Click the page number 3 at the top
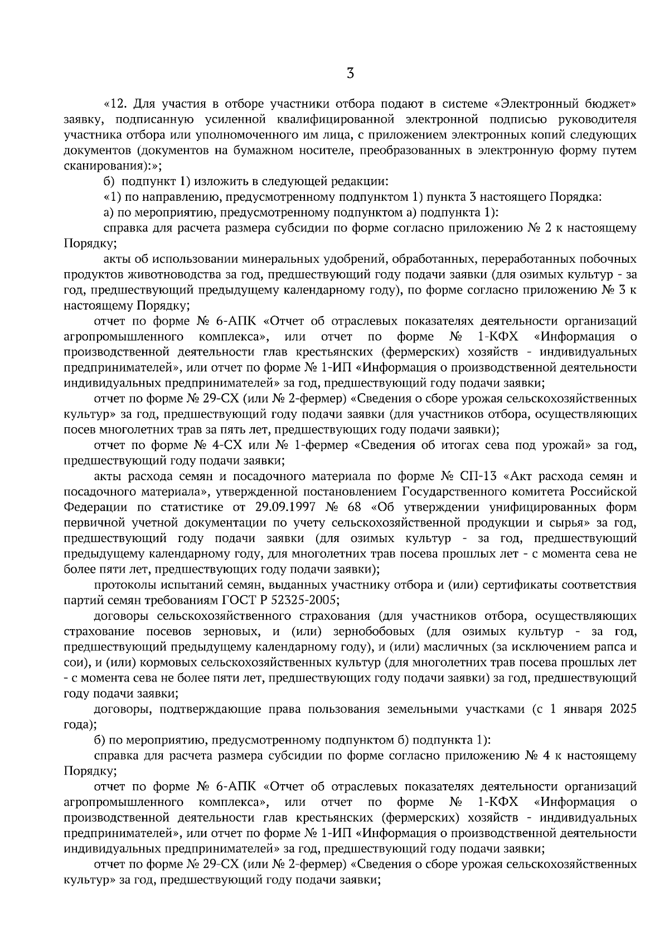coord(350,74)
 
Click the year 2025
coord(623,709)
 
